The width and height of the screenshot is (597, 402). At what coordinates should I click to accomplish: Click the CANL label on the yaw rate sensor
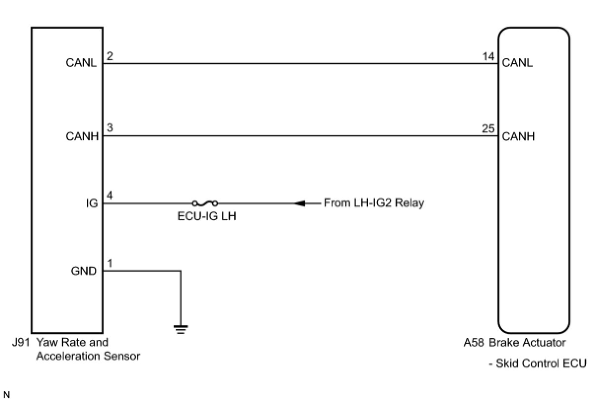(81, 64)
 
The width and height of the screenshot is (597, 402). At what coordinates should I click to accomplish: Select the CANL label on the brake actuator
(518, 63)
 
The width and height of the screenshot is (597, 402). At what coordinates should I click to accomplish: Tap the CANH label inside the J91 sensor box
(81, 137)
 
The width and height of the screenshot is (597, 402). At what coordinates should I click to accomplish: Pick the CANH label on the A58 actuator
(518, 136)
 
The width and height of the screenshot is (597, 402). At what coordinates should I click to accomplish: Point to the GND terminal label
(83, 271)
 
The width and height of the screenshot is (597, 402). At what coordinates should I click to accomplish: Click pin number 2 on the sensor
(110, 56)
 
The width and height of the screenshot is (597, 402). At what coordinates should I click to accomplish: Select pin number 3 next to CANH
(110, 128)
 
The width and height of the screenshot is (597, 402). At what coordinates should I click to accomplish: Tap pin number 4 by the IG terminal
(110, 195)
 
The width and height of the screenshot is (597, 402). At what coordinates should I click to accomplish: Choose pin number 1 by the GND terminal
(110, 263)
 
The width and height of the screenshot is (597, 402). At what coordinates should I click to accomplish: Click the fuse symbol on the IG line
(205, 203)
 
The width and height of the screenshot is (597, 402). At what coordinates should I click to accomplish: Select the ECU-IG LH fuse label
(207, 217)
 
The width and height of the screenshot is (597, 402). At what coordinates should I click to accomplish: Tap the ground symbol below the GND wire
(181, 329)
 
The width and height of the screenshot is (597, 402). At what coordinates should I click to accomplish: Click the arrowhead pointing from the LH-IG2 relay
(300, 203)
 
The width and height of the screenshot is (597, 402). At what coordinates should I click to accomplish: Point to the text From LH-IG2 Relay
(373, 203)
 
